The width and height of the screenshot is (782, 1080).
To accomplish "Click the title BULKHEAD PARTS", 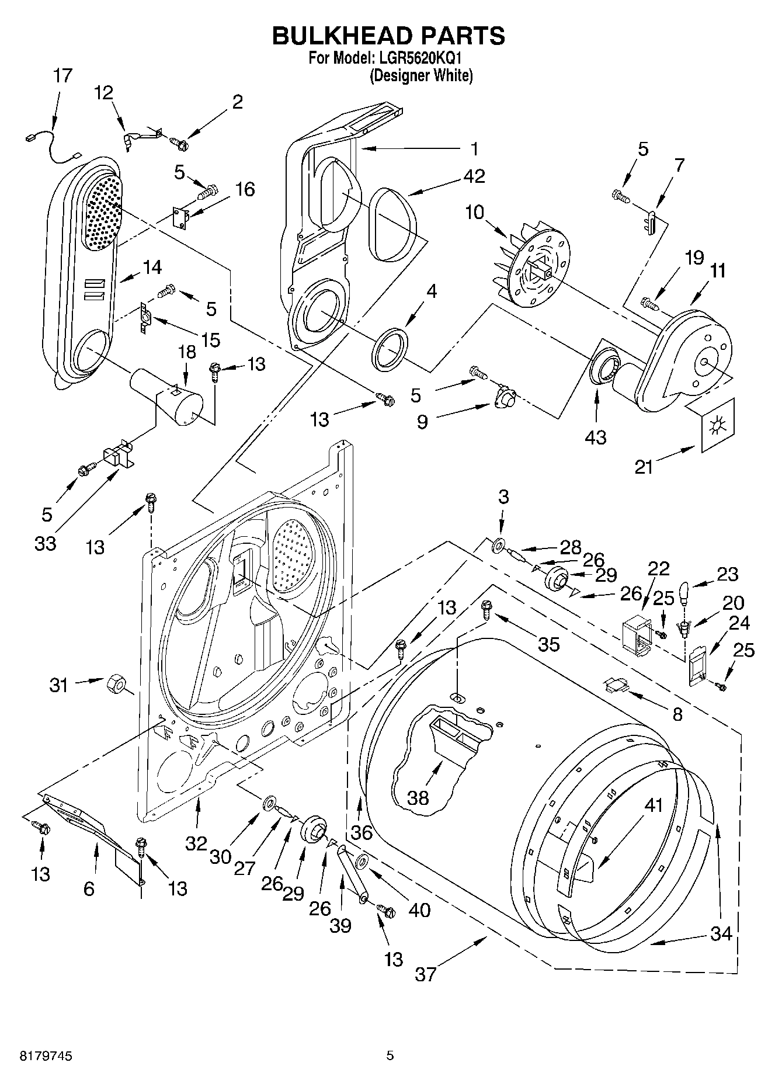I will click(388, 36).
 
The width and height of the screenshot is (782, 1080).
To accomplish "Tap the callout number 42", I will click(474, 176).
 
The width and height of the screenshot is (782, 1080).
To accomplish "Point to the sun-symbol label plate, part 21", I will click(715, 425).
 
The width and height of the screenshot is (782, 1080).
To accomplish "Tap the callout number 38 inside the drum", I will click(418, 797).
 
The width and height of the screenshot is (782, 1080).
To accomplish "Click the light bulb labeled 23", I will click(686, 594).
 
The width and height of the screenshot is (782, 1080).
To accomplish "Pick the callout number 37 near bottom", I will click(426, 974).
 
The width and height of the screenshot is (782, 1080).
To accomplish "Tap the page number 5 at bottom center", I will click(390, 1055).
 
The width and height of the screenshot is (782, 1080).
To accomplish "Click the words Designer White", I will click(421, 75).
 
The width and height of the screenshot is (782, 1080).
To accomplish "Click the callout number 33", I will click(45, 543).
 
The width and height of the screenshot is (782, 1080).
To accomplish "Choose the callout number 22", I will click(658, 568).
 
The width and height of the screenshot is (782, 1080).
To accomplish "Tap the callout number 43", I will click(596, 436).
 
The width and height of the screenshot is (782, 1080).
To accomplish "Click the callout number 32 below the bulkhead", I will click(197, 843).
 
